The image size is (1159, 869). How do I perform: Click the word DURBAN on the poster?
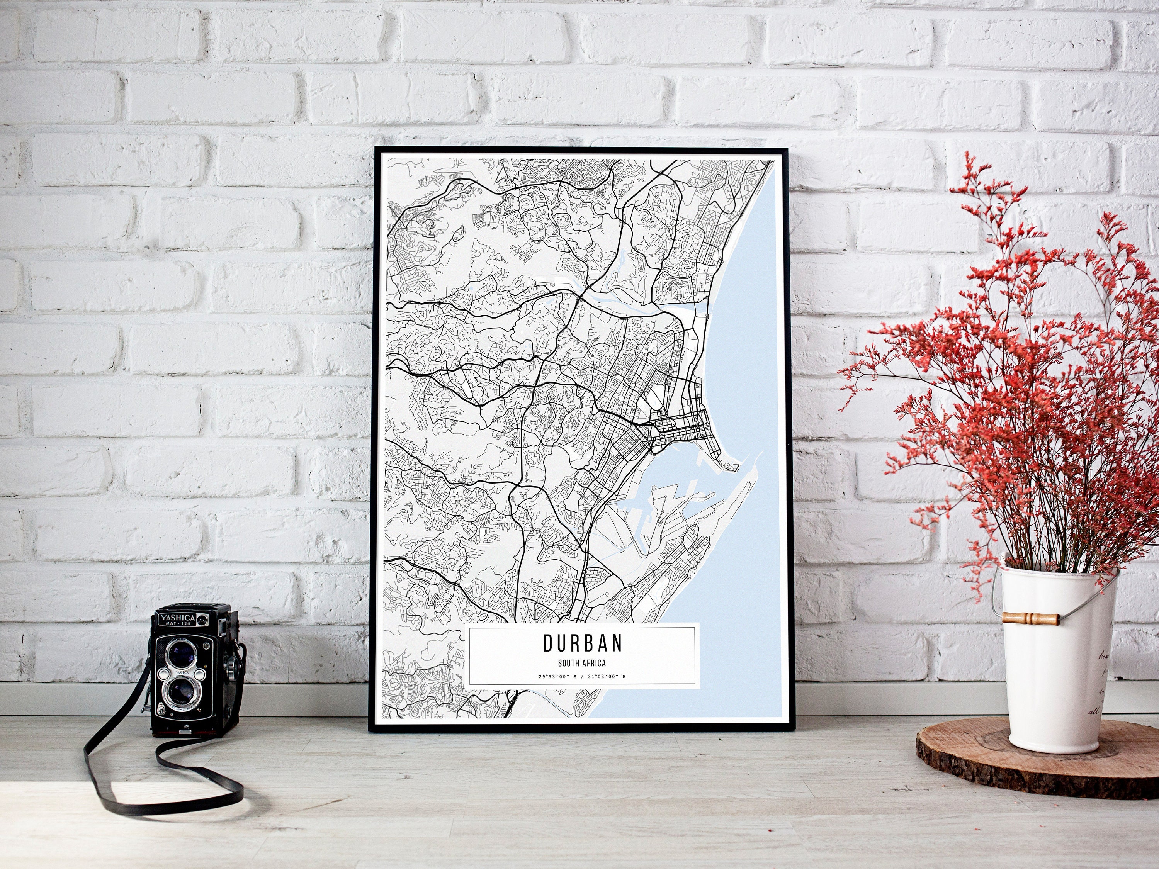[582, 643]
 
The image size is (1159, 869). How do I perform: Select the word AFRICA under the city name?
[594, 664]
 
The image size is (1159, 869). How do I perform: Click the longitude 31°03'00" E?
[607, 677]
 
